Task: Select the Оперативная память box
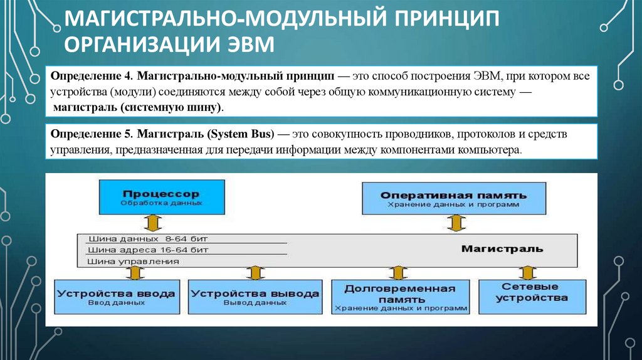click(x=454, y=198)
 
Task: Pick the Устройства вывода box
click(x=255, y=297)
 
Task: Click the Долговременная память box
click(x=399, y=297)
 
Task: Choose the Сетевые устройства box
click(x=527, y=295)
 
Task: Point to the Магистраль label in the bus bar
click(x=502, y=249)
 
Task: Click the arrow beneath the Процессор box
click(x=152, y=223)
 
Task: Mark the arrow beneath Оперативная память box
click(x=457, y=223)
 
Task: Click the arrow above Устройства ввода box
click(x=133, y=272)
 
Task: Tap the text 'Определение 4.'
click(x=92, y=75)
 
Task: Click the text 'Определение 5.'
click(x=92, y=135)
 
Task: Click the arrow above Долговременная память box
click(x=396, y=272)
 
